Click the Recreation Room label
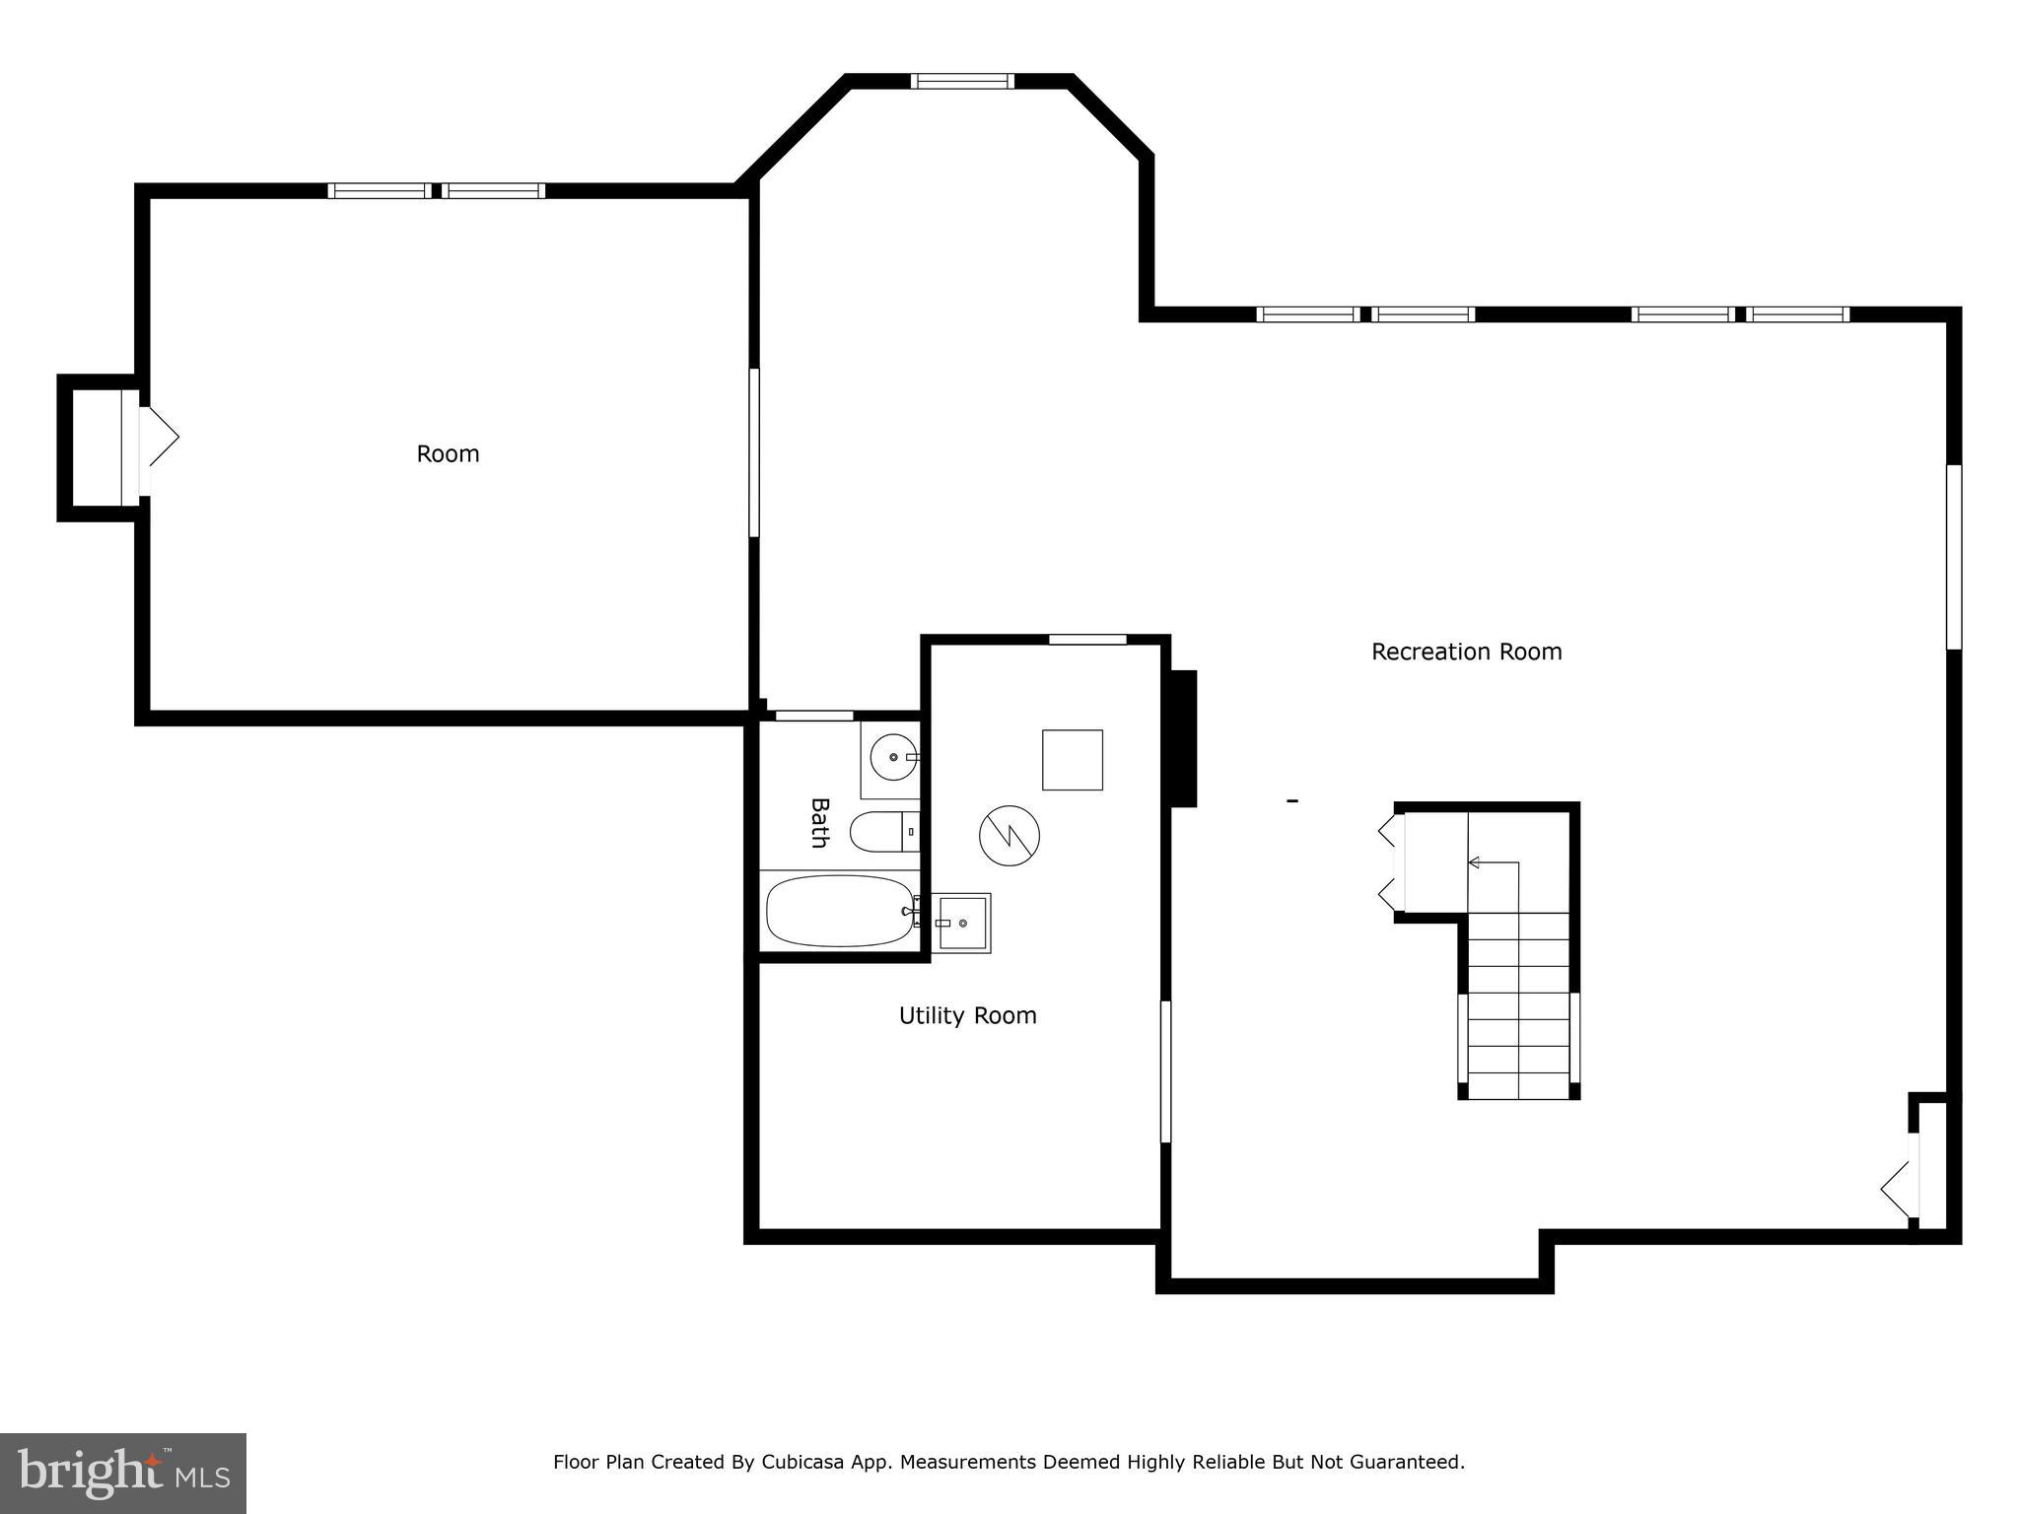click(x=1466, y=652)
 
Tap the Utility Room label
click(x=967, y=1015)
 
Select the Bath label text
click(x=819, y=823)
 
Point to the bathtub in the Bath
click(x=840, y=912)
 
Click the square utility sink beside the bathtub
click(x=962, y=924)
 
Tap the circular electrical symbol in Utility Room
click(x=1009, y=836)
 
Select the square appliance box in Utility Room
click(x=1072, y=760)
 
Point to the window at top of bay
click(x=961, y=81)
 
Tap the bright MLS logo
click(x=122, y=1473)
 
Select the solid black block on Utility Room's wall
click(x=1182, y=738)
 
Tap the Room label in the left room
click(x=448, y=453)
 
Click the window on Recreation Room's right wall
click(x=1953, y=557)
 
